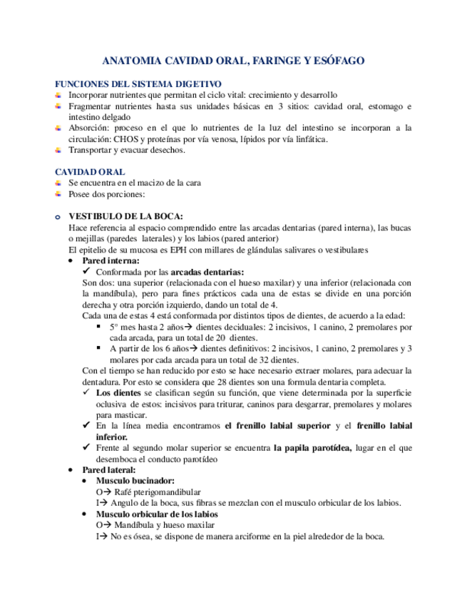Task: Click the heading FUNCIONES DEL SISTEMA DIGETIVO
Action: [138, 84]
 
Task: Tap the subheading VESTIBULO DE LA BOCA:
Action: [125, 216]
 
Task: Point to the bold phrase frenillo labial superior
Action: [279, 426]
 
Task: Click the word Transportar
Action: [91, 151]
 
